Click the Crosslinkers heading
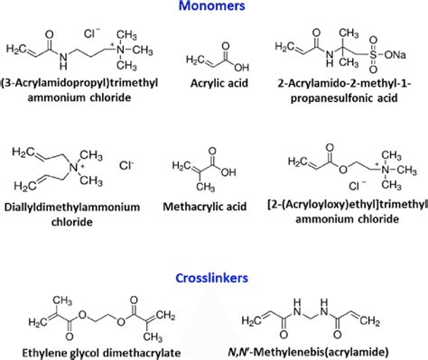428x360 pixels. (x=214, y=278)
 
